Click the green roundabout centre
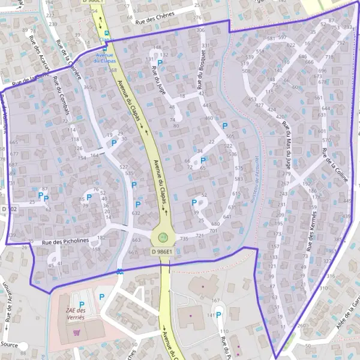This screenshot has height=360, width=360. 163,236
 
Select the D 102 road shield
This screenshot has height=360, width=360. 9,209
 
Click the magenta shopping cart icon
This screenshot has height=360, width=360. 76,332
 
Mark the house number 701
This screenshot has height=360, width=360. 213,230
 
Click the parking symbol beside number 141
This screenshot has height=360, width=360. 219,314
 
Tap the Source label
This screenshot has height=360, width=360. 9,345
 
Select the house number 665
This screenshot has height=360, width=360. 14,142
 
